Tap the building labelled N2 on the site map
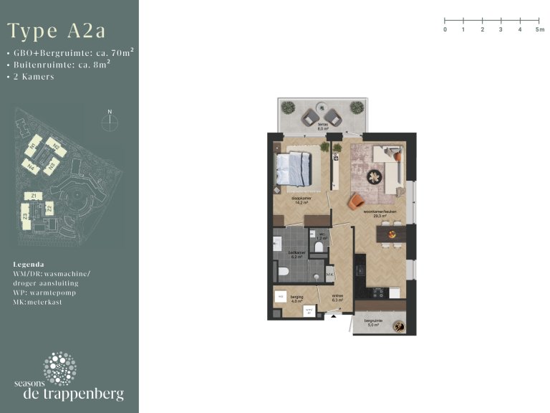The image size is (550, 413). (x=57, y=148)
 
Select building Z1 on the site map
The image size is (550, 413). (x=32, y=195)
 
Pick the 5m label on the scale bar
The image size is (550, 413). (x=539, y=30)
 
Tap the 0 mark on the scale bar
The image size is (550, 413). (x=445, y=30)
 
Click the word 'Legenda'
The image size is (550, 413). (x=29, y=264)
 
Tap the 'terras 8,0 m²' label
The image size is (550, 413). (x=323, y=127)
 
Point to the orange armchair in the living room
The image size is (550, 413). (x=356, y=202)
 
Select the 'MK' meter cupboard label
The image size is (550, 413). (x=330, y=275)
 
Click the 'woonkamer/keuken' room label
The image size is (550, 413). (x=380, y=213)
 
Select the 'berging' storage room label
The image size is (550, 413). (x=296, y=298)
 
